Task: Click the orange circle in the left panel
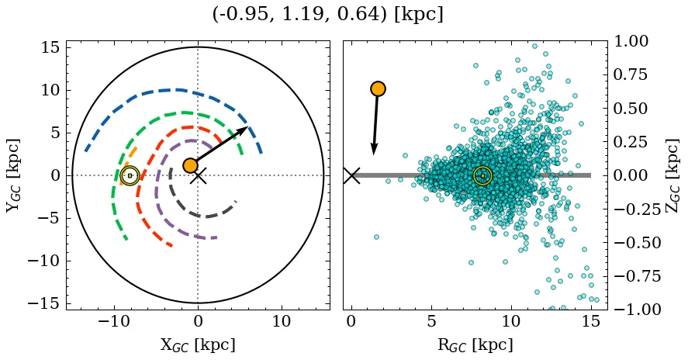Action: (190, 165)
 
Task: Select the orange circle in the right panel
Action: (378, 89)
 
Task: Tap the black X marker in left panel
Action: (199, 176)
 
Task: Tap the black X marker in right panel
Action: (351, 175)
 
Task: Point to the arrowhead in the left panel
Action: (244, 130)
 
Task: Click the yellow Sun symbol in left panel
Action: (130, 176)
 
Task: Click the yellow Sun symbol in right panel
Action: (482, 176)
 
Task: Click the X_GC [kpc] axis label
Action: (198, 344)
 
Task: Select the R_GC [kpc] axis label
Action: (475, 344)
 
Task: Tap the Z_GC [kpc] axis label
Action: (672, 176)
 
